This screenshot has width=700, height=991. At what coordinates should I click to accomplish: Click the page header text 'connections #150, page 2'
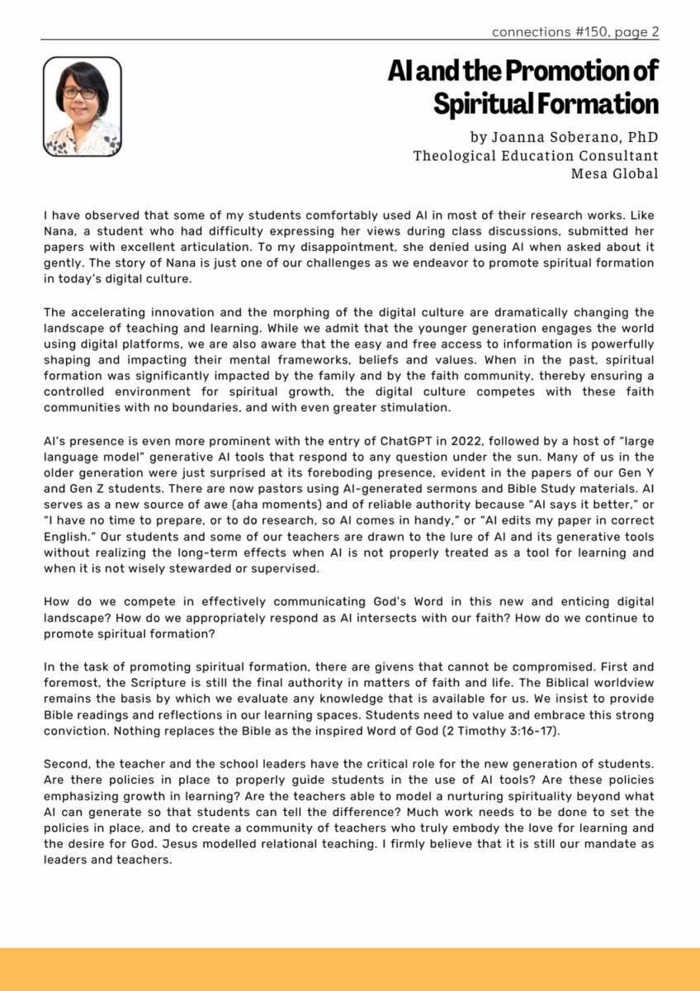pos(575,32)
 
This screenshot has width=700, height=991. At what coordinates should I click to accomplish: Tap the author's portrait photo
pos(83,107)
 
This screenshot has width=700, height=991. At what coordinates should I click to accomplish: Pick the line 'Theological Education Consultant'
pos(536,155)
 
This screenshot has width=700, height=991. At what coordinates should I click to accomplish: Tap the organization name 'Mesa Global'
pos(614,173)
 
